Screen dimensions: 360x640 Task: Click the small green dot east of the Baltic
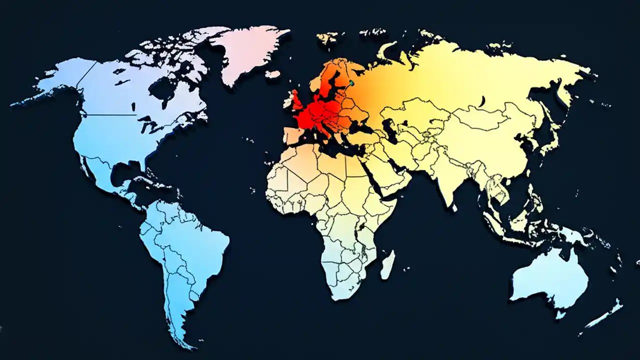351,82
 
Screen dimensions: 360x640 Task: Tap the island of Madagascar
387,264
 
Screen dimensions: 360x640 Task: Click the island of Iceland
272,74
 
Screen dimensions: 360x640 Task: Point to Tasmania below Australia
560,314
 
